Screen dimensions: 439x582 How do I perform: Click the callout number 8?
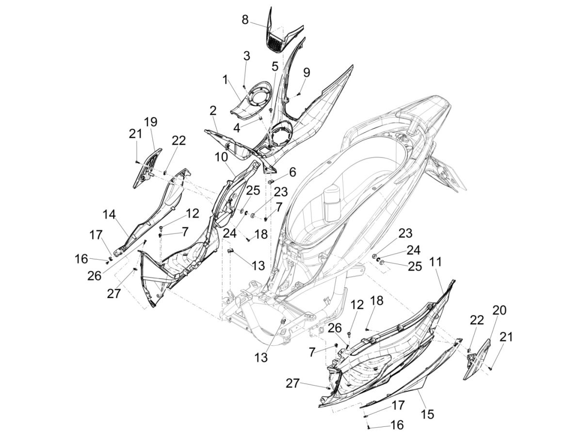coord(245,19)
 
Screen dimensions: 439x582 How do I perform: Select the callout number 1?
coord(225,80)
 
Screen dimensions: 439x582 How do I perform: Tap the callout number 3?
coord(247,56)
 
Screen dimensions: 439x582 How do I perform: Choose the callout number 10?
coord(221,157)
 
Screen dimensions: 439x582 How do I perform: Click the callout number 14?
coord(110,214)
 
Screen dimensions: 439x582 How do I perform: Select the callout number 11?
coord(436,262)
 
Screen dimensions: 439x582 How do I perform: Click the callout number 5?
coord(275,66)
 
